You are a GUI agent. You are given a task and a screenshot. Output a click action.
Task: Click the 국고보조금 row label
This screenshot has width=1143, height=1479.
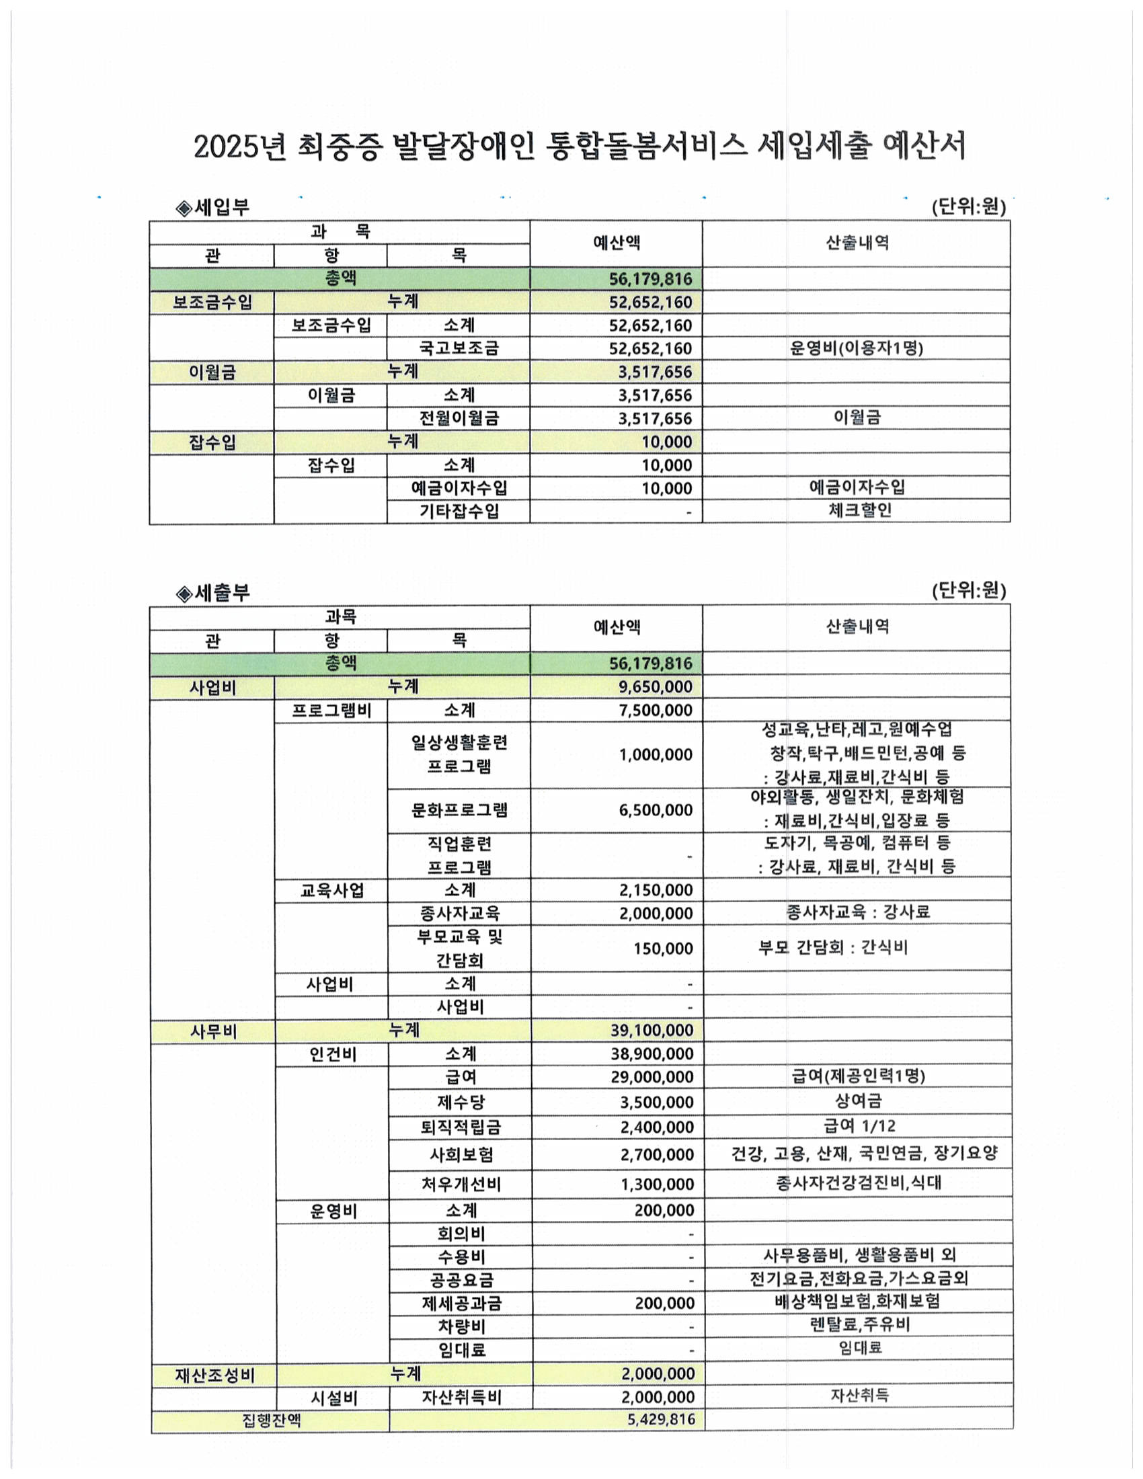pos(459,349)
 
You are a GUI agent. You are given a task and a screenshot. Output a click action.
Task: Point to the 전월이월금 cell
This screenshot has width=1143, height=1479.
pos(459,419)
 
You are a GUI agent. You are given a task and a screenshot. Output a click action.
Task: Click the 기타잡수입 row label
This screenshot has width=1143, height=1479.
pos(459,512)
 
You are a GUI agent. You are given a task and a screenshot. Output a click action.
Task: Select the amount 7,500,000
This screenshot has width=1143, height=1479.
pos(655,711)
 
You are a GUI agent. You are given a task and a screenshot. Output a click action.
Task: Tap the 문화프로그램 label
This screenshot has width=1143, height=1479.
pos(459,810)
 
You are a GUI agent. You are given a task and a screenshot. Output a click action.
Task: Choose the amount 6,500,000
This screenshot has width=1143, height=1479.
pos(655,810)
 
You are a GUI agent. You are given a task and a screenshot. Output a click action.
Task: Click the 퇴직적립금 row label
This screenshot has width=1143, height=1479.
pos(461,1127)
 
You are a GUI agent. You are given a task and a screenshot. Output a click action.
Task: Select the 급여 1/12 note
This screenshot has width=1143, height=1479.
pos(859,1126)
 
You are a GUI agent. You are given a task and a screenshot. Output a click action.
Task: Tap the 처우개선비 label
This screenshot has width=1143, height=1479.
pos(461,1185)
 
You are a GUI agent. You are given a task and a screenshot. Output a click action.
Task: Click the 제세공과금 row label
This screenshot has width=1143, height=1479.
pos(461,1304)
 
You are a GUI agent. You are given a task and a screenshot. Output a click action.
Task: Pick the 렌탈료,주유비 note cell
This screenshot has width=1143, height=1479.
pos(859,1325)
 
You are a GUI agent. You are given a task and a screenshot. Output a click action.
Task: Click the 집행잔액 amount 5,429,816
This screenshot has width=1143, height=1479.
pos(661,1419)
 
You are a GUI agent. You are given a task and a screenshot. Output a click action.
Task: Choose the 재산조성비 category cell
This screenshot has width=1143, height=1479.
pos(214,1376)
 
